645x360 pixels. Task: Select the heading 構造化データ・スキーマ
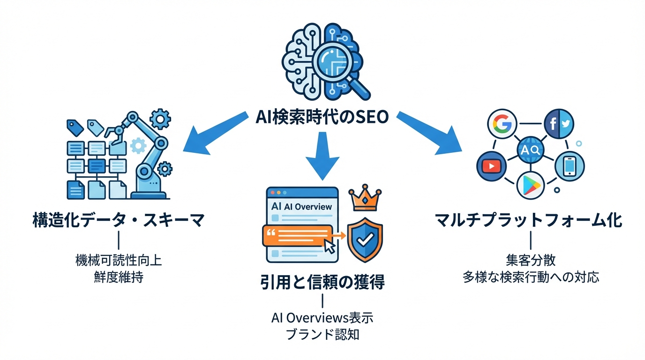[x=118, y=220]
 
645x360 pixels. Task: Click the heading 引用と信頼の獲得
[x=322, y=282]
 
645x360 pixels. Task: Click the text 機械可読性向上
[x=118, y=261]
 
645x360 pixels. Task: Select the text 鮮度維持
[x=118, y=277]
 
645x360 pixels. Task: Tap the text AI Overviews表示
[x=322, y=318]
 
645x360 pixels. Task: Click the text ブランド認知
[x=322, y=335]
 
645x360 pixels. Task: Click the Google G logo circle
[x=502, y=123]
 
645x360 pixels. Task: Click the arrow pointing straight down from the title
[x=322, y=155]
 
